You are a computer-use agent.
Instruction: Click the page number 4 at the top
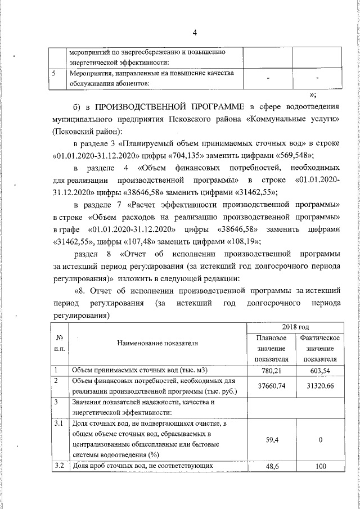[194, 32]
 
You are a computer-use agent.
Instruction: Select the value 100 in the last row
[319, 467]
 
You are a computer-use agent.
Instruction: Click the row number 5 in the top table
[53, 74]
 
